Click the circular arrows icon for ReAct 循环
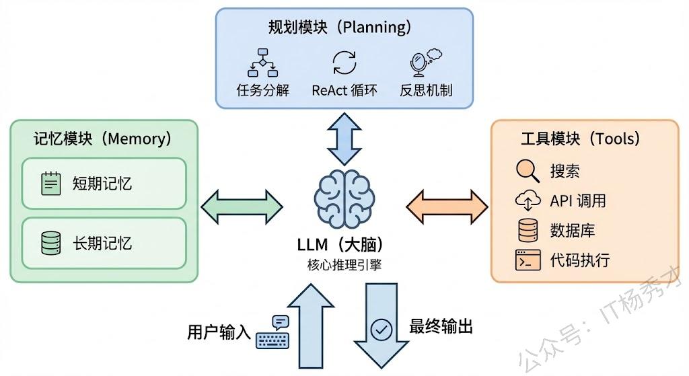344,63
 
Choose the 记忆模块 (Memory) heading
103,139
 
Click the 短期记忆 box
104,183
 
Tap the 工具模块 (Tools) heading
580,139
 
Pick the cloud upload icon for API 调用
528,200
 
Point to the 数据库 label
572,230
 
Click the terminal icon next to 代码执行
528,260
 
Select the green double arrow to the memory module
242,206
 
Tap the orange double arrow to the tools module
447,206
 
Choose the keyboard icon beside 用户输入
273,332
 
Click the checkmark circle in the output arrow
382,329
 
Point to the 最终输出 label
441,327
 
